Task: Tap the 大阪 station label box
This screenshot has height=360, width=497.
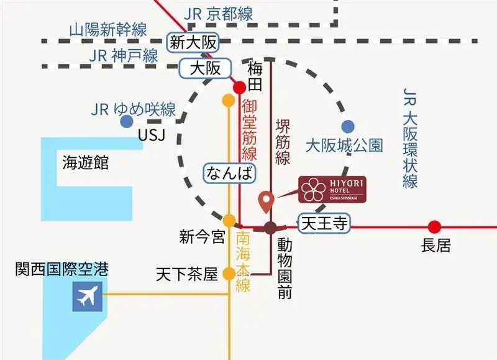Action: coord(205,68)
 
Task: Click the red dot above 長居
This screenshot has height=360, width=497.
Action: coord(434,227)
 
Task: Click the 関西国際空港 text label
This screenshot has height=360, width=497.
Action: coord(62,269)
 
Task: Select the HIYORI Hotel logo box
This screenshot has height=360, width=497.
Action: coord(332,188)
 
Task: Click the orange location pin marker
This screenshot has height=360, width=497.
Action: coord(267,201)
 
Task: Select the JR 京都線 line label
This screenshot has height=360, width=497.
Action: coord(219,14)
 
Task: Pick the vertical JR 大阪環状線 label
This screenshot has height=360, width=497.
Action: coord(409,137)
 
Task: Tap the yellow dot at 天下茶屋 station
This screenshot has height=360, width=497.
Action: coord(229,273)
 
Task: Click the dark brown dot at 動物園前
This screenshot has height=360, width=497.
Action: coord(270,228)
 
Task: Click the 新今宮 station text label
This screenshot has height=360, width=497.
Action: coord(201,236)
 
